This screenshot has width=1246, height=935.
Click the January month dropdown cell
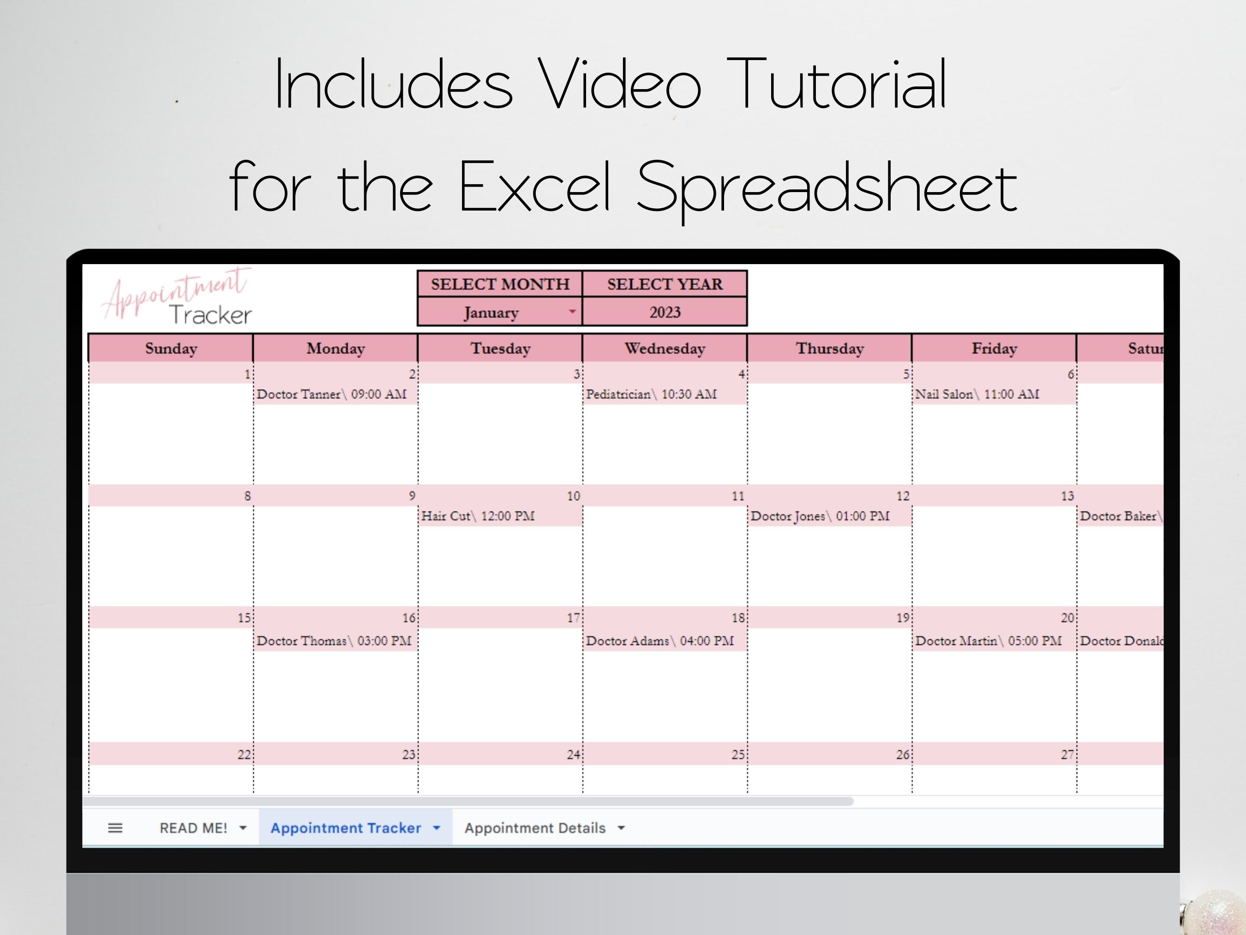coord(500,312)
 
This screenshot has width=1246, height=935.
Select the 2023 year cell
coord(665,312)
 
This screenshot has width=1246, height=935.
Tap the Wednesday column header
coord(665,348)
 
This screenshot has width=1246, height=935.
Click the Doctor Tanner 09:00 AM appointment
coord(332,394)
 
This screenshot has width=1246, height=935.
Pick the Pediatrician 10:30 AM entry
coord(651,394)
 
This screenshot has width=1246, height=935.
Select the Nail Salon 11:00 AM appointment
coord(977,394)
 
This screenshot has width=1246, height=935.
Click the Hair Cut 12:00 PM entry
coord(478,516)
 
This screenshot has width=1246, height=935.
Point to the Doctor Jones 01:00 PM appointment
coord(820,516)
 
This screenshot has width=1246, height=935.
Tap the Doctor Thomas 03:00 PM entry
coord(334,641)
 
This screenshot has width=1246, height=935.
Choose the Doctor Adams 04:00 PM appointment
coord(659,641)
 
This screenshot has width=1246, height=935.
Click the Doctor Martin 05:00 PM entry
coord(988,641)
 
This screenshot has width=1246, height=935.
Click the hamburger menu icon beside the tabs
coord(115,828)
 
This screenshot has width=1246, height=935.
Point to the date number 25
coord(737,754)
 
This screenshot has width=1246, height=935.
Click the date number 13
coord(1067,496)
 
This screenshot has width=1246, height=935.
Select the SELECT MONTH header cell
coord(500,284)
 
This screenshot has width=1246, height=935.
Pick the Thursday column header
coord(829,348)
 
